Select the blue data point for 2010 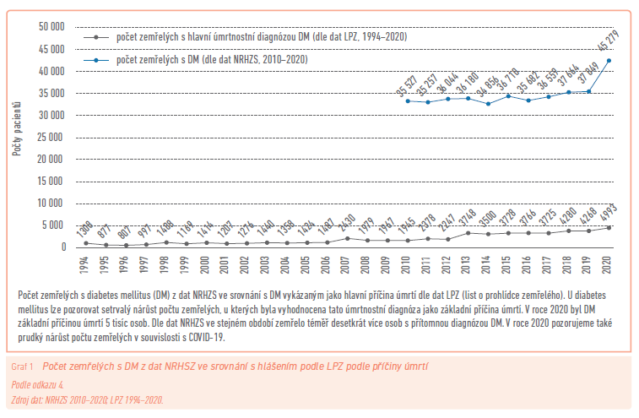[x=409, y=101]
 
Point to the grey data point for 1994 [x=85, y=243]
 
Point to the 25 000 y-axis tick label [x=52, y=138]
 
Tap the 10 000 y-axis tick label [x=52, y=204]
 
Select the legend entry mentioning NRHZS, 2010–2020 [x=211, y=60]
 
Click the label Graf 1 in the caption [x=22, y=366]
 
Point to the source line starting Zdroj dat [x=88, y=399]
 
